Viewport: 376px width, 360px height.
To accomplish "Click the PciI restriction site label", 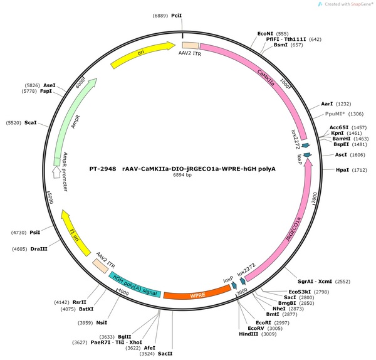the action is click(177, 16).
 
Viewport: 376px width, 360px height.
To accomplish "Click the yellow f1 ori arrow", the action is click(75, 232).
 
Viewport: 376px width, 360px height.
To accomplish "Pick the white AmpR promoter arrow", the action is click(56, 172).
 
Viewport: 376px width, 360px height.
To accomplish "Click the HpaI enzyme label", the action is click(342, 170).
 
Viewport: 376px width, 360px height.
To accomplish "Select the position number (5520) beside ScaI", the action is click(14, 123).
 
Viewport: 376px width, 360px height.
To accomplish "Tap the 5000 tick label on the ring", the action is click(50, 198).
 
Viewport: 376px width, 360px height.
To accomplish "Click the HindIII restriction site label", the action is click(248, 334).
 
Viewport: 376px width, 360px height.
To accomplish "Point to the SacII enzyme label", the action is click(165, 354).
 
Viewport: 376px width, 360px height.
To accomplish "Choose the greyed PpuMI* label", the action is click(335, 114).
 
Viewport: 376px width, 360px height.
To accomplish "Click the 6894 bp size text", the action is click(182, 175).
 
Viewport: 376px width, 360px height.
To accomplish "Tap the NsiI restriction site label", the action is click(102, 323).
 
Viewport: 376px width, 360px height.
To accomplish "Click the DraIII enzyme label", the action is click(39, 249).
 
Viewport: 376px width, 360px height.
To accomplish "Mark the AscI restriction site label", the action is click(341, 155).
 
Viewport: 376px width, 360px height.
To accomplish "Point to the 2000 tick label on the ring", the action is click(315, 198).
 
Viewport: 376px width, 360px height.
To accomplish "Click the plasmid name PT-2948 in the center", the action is click(103, 169).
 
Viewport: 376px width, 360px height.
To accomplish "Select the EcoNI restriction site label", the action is click(265, 34).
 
